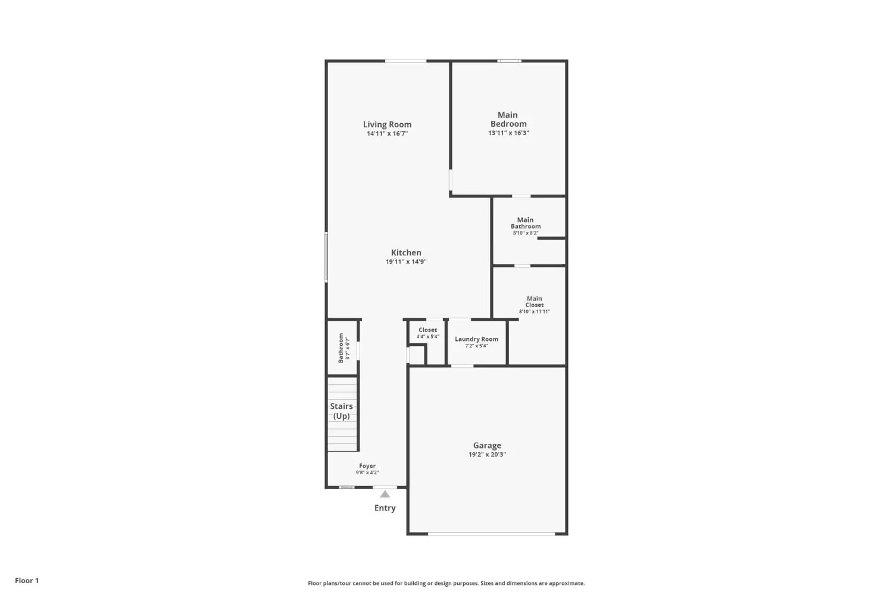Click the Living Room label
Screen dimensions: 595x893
coord(387,124)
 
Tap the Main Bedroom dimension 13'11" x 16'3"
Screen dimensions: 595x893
coord(508,133)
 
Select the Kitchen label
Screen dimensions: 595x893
coord(406,253)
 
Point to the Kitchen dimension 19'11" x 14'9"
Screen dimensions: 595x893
coord(406,262)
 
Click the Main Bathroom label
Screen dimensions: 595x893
coord(526,223)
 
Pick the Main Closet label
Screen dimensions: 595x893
coord(534,302)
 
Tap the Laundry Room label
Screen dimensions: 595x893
coord(476,339)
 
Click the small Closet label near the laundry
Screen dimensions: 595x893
coord(427,330)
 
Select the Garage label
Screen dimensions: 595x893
coord(487,445)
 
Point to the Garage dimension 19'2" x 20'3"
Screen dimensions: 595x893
coord(487,455)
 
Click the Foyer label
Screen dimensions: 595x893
coord(367,466)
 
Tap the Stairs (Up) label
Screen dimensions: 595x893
coord(342,411)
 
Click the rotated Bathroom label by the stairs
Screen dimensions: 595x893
coord(341,347)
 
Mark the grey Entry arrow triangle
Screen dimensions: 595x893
coord(385,494)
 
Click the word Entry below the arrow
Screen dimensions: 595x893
coord(385,508)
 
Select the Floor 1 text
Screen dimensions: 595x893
coord(27,581)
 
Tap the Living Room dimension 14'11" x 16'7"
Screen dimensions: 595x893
coord(387,134)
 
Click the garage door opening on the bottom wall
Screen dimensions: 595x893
coord(491,534)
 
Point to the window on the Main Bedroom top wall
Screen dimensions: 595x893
coord(510,61)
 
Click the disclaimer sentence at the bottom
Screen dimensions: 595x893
coord(446,583)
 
